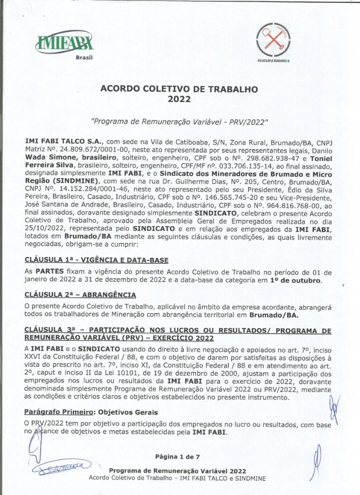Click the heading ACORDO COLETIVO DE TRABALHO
(179, 90)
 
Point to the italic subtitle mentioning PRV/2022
(179, 122)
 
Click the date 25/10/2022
(46, 230)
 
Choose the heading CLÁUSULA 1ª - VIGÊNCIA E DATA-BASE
(97, 260)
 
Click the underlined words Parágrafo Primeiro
(59, 412)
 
